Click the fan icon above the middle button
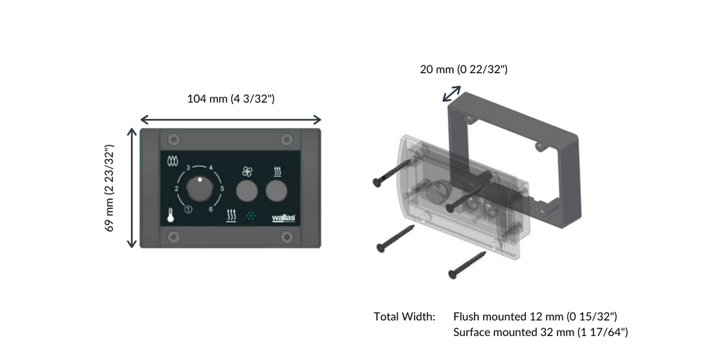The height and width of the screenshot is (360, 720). tap(245, 171)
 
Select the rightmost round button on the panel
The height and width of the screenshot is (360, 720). tap(277, 191)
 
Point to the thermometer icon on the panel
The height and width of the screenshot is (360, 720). tap(170, 216)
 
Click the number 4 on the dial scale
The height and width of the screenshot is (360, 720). tap(211, 167)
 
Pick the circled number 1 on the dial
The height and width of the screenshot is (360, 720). tap(188, 210)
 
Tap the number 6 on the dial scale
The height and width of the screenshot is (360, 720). tap(212, 210)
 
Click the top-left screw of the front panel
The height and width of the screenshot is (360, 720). tap(175, 138)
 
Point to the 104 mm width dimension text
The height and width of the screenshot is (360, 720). tap(231, 99)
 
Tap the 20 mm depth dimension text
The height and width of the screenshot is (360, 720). tap(463, 69)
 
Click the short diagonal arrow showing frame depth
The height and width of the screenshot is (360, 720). tap(451, 94)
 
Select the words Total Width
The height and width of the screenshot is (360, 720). tap(404, 317)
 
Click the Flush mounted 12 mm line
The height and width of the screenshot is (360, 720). tap(535, 317)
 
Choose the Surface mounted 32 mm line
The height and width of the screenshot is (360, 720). tap(540, 332)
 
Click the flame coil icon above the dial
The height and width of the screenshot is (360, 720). tap(172, 161)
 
